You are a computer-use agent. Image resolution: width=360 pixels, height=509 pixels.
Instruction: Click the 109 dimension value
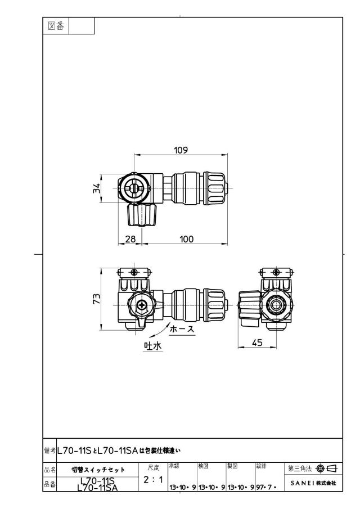pyautogui.click(x=181, y=150)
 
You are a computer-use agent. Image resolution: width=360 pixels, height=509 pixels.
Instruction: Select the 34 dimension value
pyautogui.click(x=97, y=188)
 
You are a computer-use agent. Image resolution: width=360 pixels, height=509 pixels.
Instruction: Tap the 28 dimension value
pyautogui.click(x=130, y=239)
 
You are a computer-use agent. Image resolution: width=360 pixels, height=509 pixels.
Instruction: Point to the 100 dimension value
pyautogui.click(x=186, y=239)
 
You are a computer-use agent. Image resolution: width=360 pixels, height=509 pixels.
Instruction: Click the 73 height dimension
pyautogui.click(x=97, y=298)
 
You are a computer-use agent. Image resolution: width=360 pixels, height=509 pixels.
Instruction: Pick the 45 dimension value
pyautogui.click(x=257, y=343)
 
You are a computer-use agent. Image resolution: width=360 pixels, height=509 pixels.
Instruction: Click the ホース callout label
pyautogui.click(x=182, y=329)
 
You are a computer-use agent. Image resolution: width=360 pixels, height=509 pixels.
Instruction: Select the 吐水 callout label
pyautogui.click(x=153, y=346)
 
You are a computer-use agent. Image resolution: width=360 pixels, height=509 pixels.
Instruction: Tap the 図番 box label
pyautogui.click(x=56, y=26)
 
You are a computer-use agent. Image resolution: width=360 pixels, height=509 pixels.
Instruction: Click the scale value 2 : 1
pyautogui.click(x=153, y=479)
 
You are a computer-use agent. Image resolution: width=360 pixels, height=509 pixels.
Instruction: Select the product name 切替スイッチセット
pyautogui.click(x=98, y=470)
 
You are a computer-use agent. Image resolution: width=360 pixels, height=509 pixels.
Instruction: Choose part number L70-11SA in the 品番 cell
pyautogui.click(x=98, y=488)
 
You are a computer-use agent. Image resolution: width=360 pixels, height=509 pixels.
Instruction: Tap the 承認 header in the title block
pyautogui.click(x=174, y=466)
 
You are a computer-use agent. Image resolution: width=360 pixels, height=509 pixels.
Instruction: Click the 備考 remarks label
pyautogui.click(x=49, y=451)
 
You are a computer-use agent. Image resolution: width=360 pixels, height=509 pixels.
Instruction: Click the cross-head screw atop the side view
pyautogui.click(x=276, y=272)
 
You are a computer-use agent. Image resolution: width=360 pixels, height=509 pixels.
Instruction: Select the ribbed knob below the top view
pyautogui.click(x=142, y=214)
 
